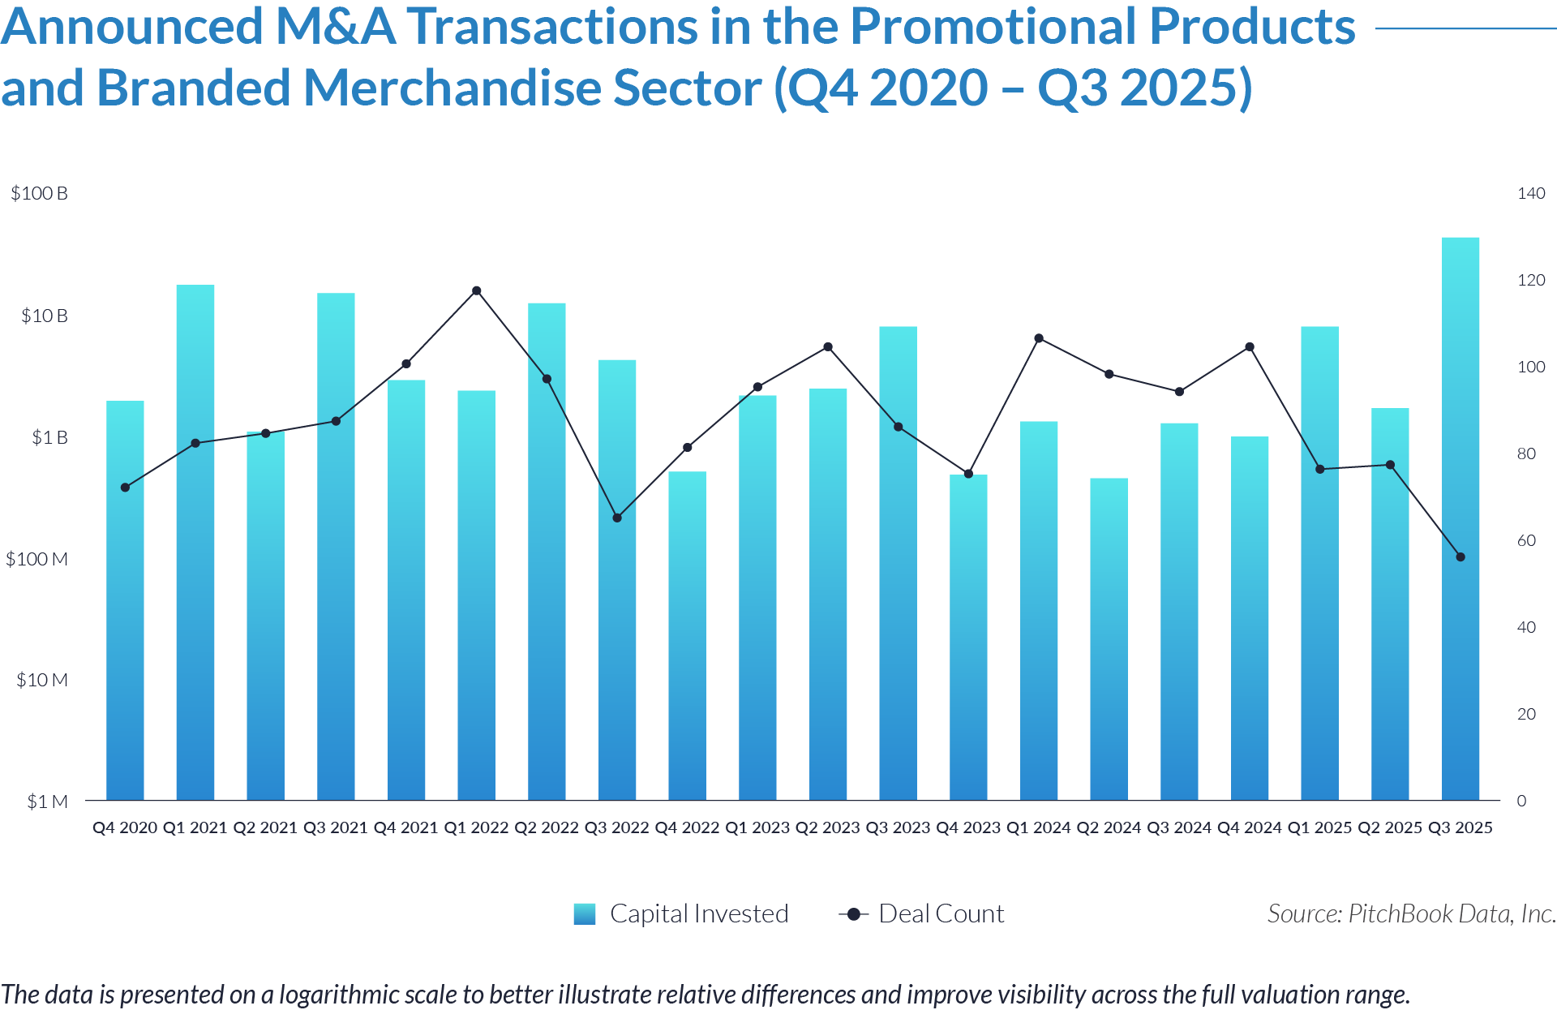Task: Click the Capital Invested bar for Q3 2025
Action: point(1460,519)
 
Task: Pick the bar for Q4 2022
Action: point(687,636)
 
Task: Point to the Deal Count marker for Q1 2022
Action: point(477,290)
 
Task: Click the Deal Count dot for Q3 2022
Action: point(617,518)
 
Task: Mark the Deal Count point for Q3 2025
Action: point(1460,557)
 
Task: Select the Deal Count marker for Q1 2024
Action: point(1039,338)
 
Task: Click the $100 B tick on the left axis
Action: point(39,193)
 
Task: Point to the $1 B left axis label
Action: point(49,437)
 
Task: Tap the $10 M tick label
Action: point(42,680)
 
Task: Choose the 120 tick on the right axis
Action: point(1531,280)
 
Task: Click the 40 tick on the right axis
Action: point(1526,627)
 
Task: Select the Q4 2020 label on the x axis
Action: point(125,827)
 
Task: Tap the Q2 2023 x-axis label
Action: point(827,827)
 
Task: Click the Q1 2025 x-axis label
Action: point(1319,827)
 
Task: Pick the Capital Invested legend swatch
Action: point(585,914)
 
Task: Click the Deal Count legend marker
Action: point(853,914)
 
